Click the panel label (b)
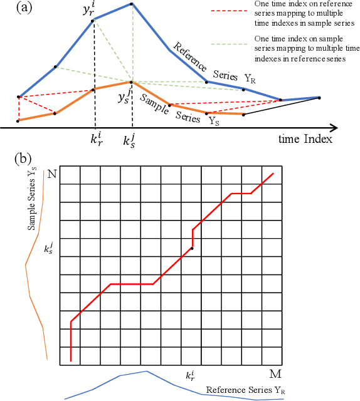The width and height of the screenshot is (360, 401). click(x=21, y=157)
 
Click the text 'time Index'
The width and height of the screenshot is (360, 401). click(x=305, y=138)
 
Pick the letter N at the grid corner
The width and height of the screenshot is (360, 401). click(x=51, y=174)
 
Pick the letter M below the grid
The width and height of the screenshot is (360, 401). click(x=275, y=374)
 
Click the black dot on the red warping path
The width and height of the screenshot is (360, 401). click(x=192, y=248)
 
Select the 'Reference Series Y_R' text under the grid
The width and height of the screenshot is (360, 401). click(x=245, y=390)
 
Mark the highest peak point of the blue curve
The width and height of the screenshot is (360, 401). click(x=132, y=4)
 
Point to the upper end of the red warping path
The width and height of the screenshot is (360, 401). click(x=273, y=173)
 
